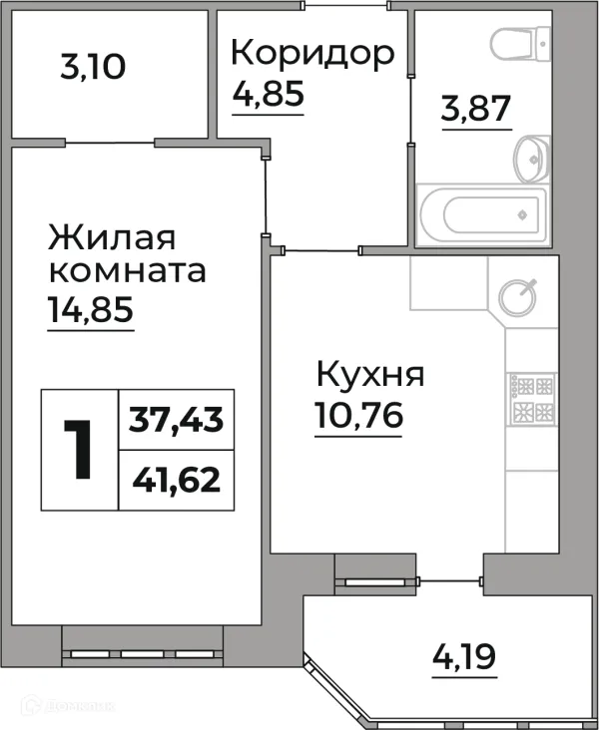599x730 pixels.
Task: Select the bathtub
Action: point(481,213)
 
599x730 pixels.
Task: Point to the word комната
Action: point(127,271)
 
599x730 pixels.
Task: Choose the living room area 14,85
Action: point(90,311)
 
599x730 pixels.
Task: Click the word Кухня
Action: point(369,376)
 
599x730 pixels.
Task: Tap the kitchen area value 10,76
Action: point(358,416)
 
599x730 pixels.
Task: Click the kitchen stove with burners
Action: point(532,399)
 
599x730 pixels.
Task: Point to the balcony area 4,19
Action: point(464,658)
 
